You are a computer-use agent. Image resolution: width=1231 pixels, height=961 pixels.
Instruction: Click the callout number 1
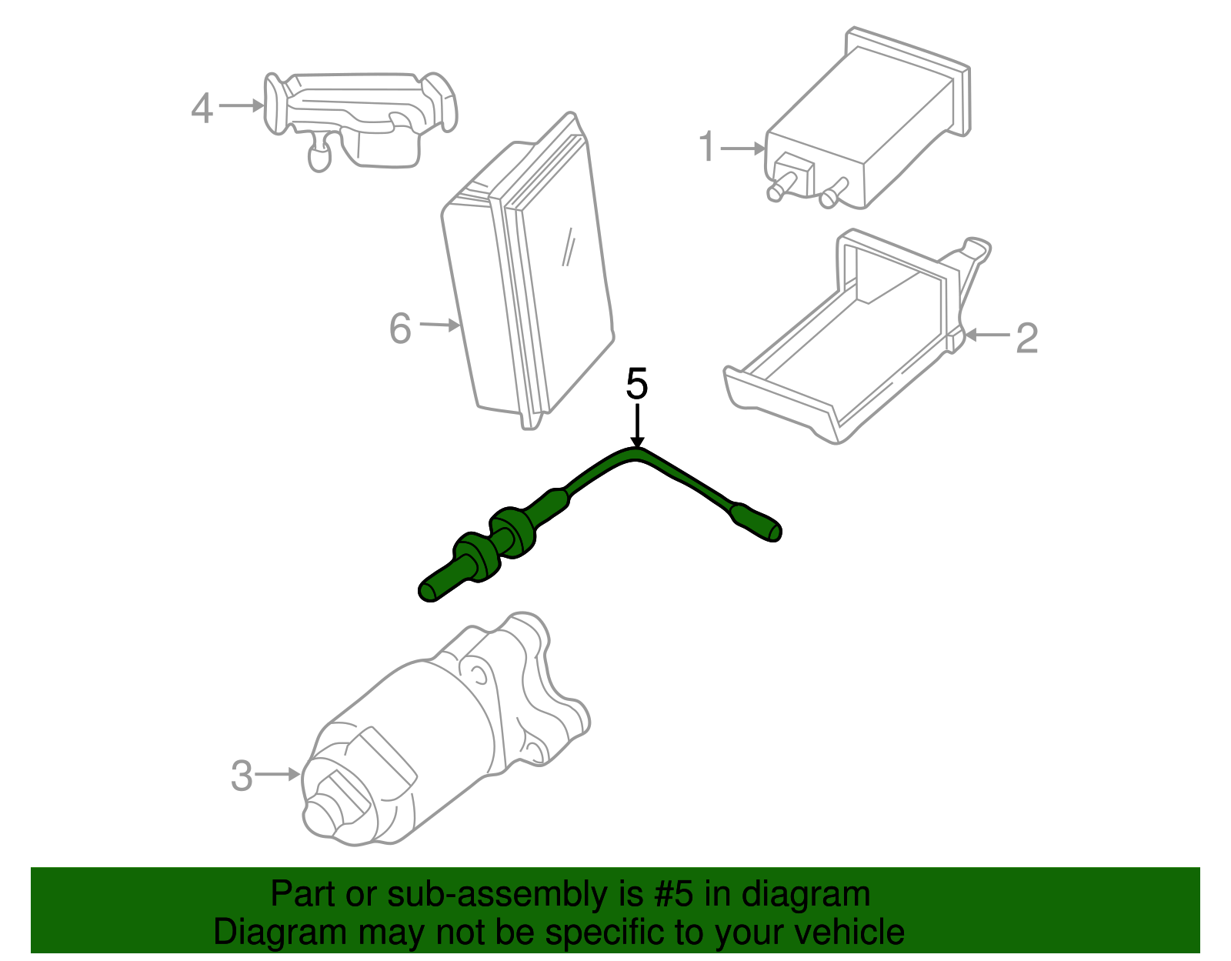click(707, 146)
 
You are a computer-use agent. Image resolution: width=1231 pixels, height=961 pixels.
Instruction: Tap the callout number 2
click(1026, 338)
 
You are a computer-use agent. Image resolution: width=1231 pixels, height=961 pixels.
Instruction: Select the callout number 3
click(242, 776)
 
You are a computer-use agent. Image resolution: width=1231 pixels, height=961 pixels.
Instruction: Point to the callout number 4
click(202, 108)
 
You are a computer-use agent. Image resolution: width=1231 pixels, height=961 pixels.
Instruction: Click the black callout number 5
click(637, 384)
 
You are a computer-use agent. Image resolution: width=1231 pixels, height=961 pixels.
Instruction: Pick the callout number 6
click(400, 329)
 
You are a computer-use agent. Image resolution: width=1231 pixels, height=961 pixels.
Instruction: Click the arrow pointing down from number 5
click(637, 427)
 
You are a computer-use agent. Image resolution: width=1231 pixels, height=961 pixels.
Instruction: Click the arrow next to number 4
click(242, 105)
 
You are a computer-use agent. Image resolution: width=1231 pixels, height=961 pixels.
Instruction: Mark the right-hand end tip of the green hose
click(775, 532)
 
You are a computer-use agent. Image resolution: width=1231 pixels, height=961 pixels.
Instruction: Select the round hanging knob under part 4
click(318, 157)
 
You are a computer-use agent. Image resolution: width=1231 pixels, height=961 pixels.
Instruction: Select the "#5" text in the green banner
click(675, 894)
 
